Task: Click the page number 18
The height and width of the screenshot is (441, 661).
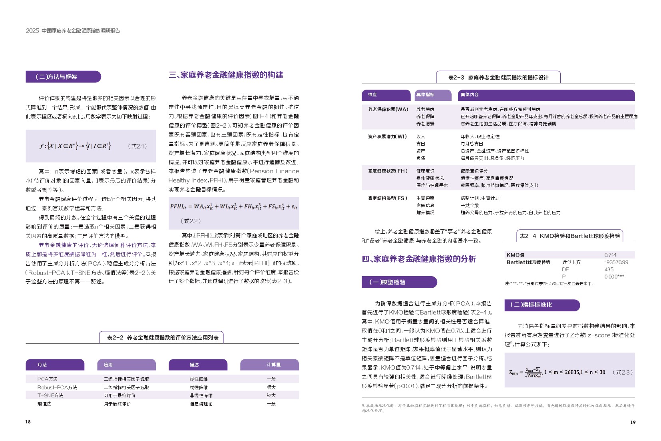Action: click(28, 421)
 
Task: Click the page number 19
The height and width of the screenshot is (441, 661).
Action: click(633, 422)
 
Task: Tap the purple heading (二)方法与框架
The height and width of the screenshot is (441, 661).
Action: click(56, 77)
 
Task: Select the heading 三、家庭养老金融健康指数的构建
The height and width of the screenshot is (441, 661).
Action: click(226, 75)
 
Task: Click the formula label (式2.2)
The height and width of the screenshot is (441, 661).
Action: click(190, 221)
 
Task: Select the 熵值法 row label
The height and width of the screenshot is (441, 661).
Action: click(44, 404)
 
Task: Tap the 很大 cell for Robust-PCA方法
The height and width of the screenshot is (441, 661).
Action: click(271, 387)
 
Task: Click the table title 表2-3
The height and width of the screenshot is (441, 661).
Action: click(498, 77)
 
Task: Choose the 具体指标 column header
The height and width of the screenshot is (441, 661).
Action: click(425, 95)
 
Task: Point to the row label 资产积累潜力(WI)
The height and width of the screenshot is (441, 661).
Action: click(387, 136)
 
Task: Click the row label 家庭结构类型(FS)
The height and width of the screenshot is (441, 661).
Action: click(388, 198)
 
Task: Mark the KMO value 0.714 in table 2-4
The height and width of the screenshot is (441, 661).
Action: click(610, 255)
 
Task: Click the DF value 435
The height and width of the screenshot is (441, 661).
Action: click(609, 269)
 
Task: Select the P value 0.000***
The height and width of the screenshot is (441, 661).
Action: click(614, 277)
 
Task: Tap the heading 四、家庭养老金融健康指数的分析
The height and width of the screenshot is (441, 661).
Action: click(419, 259)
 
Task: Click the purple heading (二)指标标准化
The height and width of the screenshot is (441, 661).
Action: click(531, 305)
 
